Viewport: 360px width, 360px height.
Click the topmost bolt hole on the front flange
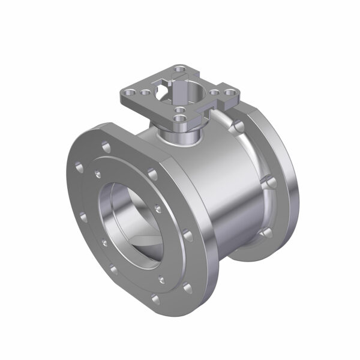click(x=106, y=146)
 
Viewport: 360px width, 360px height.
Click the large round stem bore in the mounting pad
click(x=192, y=95)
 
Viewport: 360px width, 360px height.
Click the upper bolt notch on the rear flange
click(x=239, y=127)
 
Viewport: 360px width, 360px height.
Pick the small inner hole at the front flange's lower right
click(x=160, y=279)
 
